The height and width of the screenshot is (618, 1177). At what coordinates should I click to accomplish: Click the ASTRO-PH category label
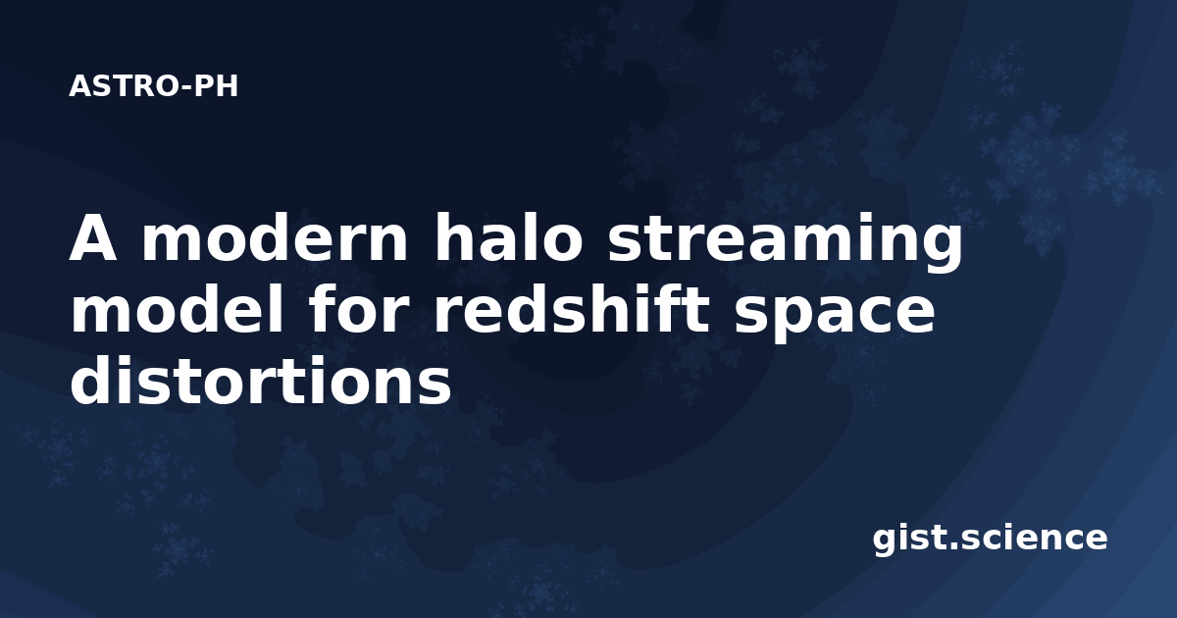click(153, 86)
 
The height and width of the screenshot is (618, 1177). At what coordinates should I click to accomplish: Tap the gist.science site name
click(990, 540)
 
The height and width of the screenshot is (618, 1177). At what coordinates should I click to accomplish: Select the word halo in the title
click(508, 236)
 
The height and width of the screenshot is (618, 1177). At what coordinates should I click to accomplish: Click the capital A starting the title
click(93, 237)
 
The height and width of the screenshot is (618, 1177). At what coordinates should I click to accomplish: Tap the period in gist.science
click(952, 546)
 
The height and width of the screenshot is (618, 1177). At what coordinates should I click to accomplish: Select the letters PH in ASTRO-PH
click(216, 86)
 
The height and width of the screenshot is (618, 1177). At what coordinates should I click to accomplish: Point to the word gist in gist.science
click(909, 540)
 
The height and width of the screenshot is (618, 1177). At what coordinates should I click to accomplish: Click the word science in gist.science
click(1034, 539)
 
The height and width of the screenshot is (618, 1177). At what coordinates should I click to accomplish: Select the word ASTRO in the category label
click(125, 86)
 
